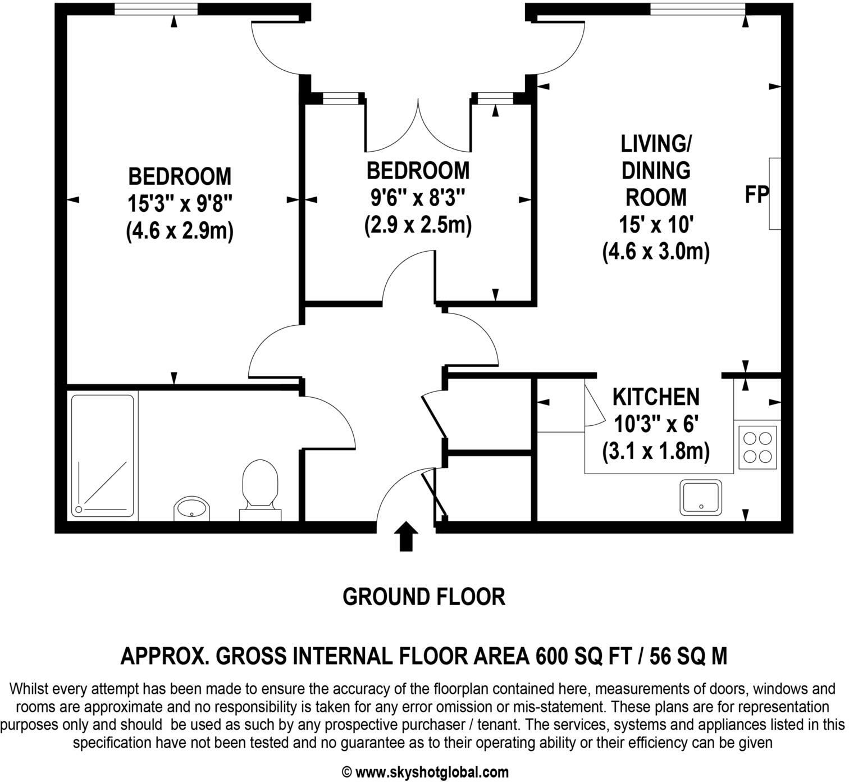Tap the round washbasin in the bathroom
(x=191, y=508)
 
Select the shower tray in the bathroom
(x=103, y=456)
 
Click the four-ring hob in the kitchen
(x=757, y=447)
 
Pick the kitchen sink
(x=701, y=497)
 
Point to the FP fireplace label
(x=756, y=195)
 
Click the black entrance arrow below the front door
(x=406, y=537)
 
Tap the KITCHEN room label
(x=656, y=397)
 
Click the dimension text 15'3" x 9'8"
(x=179, y=203)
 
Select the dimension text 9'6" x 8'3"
(x=418, y=198)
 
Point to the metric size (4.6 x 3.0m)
(x=656, y=251)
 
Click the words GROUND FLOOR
(x=423, y=597)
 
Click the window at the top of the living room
(x=697, y=10)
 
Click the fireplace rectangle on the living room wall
(x=775, y=194)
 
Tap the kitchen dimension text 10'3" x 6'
(x=656, y=424)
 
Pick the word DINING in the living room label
(x=656, y=170)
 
